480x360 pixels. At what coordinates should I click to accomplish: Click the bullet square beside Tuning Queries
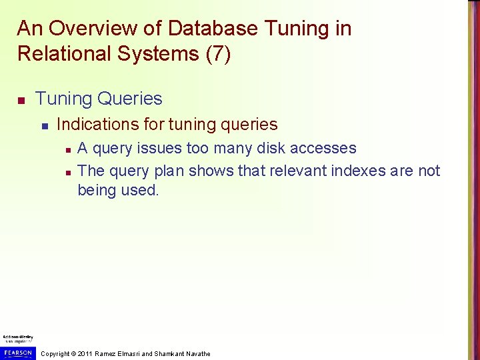[21, 100]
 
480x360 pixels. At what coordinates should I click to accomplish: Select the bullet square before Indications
[44, 125]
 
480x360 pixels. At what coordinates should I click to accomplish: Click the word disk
[276, 148]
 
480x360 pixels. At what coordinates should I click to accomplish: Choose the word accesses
[326, 148]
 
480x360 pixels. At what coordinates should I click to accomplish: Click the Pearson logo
[18, 352]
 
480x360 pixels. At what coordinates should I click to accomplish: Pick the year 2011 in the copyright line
[85, 353]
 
